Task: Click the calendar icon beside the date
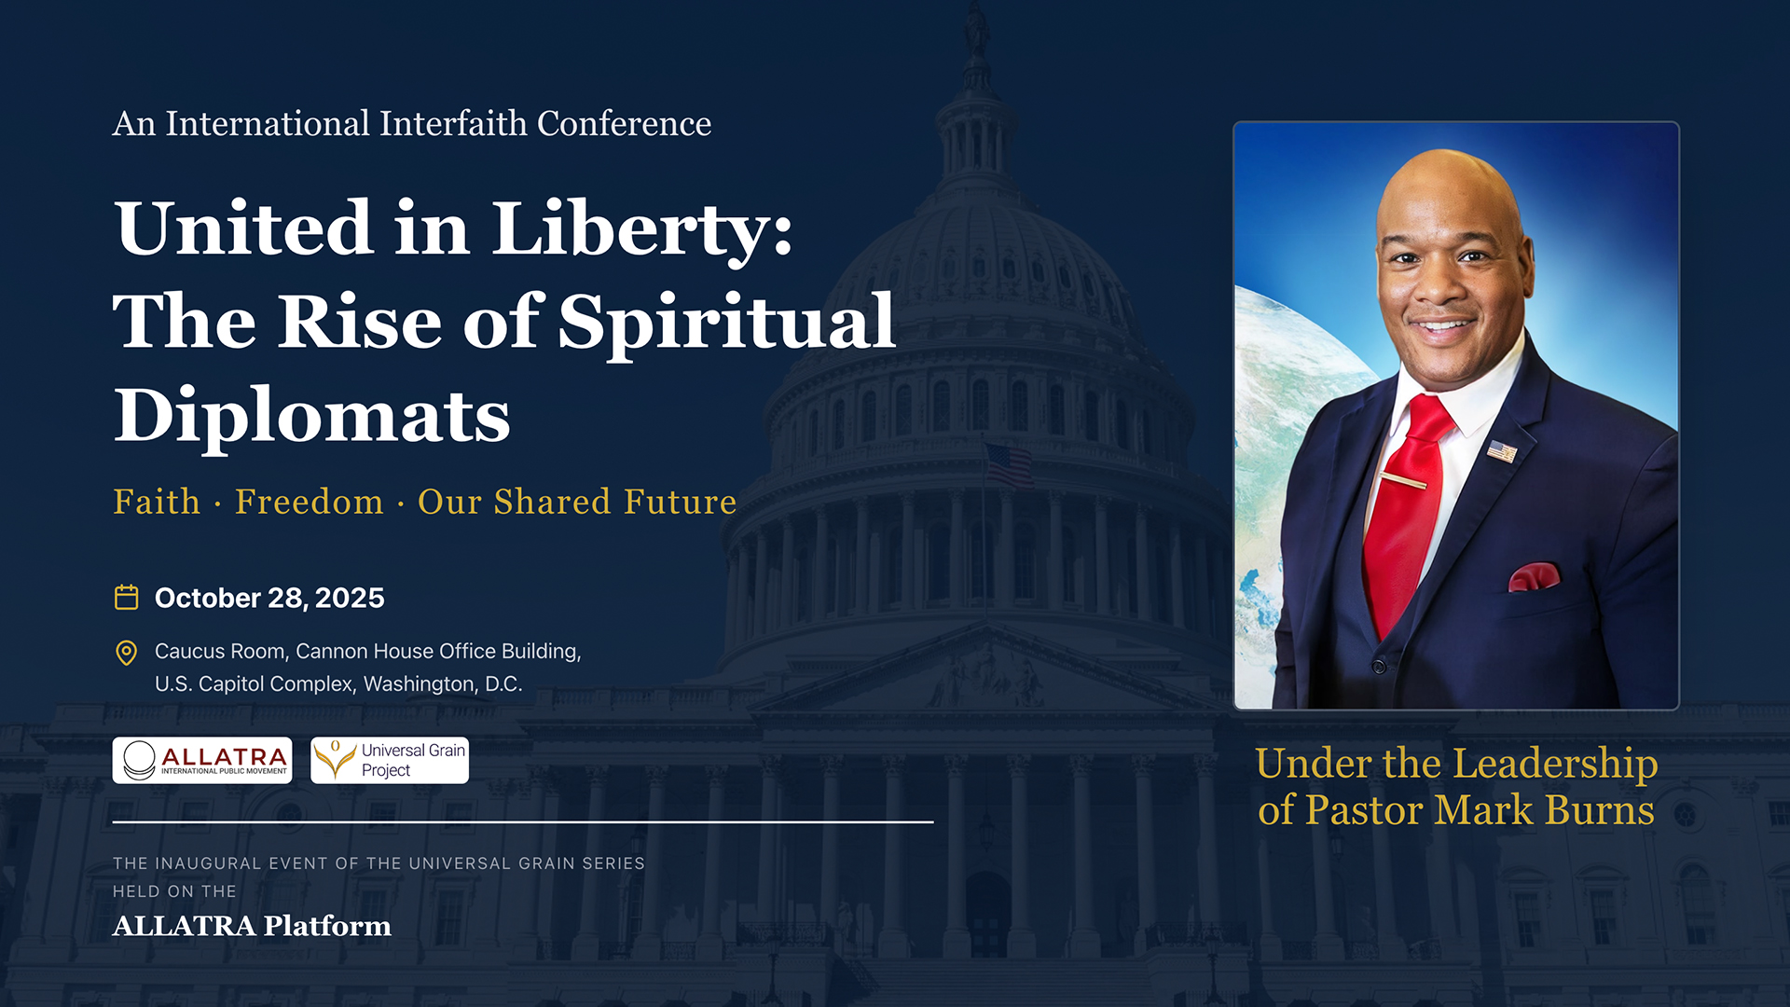[126, 597]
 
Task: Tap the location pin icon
[126, 653]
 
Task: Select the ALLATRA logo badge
[202, 761]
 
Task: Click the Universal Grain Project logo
[390, 761]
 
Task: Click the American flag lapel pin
[1502, 452]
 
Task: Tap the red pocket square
[1534, 577]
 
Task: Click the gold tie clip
[1402, 481]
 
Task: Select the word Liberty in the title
[642, 229]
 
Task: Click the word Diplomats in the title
[312, 416]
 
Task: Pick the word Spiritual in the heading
[727, 323]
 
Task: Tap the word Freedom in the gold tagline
[310, 502]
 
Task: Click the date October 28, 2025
[269, 598]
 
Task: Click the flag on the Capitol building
[1009, 463]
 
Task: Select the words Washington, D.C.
[443, 683]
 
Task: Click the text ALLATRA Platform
[252, 926]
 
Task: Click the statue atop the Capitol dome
[977, 28]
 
